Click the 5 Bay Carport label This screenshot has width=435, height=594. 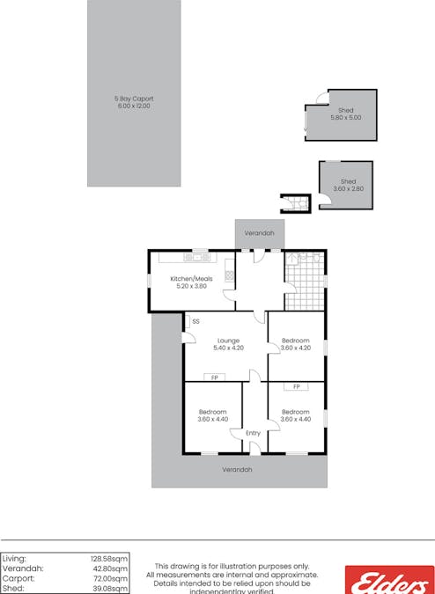pos(133,102)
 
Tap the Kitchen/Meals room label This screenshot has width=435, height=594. pos(188,282)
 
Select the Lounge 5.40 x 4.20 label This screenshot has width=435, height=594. pos(228,344)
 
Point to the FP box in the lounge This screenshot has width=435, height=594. pos(213,378)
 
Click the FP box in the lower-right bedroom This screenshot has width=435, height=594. pos(296,386)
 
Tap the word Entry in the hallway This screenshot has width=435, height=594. pos(253,433)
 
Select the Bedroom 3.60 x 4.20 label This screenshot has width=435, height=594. pos(295,344)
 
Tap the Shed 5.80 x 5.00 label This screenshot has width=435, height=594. pos(345,113)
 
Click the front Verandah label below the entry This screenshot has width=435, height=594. pos(237,469)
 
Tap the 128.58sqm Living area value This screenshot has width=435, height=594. pos(109,558)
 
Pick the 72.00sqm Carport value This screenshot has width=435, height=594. pos(110,579)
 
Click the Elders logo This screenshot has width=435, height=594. pos(389,581)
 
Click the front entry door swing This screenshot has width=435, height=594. pos(253,447)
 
